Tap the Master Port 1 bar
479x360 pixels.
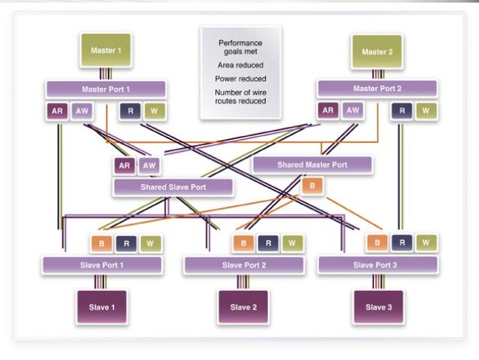[105, 89]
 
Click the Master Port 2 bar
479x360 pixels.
[378, 89]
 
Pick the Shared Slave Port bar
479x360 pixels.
[172, 187]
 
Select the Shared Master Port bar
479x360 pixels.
[312, 165]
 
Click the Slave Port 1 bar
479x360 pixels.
[101, 265]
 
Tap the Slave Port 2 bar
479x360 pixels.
[243, 265]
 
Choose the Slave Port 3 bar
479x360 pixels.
[378, 265]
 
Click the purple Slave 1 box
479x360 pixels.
[101, 307]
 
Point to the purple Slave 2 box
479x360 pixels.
[243, 307]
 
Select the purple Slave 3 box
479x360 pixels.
[378, 307]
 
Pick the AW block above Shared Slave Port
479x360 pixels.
[149, 166]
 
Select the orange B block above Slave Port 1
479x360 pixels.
[101, 244]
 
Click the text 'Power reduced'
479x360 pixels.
[240, 78]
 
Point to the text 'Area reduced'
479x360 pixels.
[240, 65]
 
